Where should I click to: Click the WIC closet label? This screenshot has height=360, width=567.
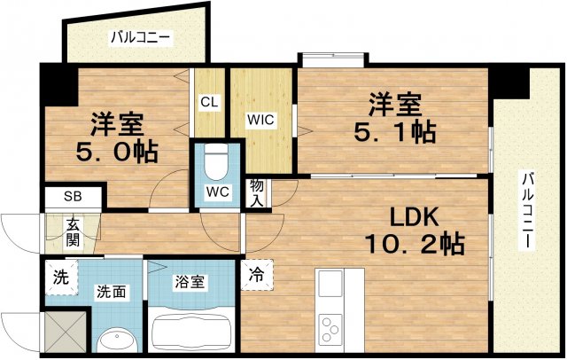(x=260, y=118)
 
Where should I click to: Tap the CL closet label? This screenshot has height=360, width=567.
(x=209, y=102)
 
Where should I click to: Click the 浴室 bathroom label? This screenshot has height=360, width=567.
(x=190, y=282)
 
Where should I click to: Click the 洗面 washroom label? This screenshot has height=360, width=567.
(x=111, y=290)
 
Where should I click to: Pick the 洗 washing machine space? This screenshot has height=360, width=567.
(x=59, y=276)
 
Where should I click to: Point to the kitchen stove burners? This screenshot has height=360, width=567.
(x=332, y=325)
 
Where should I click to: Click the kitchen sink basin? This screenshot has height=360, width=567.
(x=330, y=286)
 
